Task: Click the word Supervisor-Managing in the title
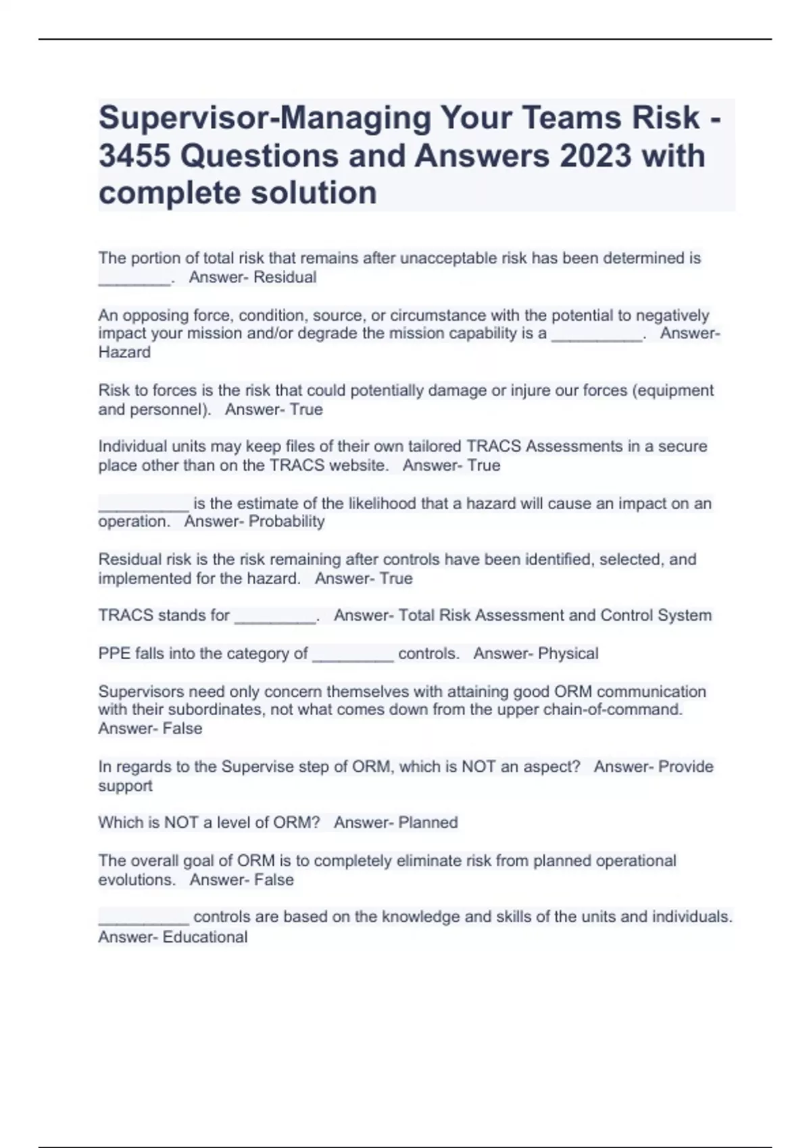click(265, 118)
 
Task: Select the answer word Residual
click(285, 278)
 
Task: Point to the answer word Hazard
click(124, 353)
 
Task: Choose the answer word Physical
click(568, 654)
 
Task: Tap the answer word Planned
click(428, 823)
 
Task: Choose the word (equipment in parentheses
click(672, 391)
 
